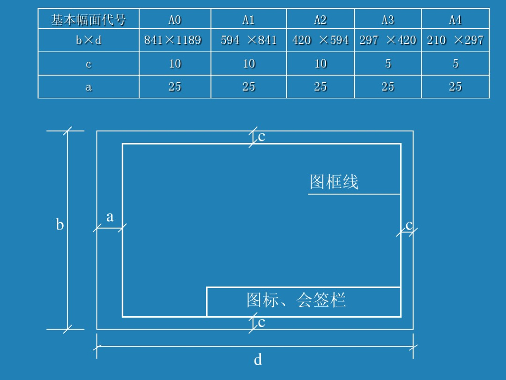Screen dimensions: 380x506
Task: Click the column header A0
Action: pos(175,20)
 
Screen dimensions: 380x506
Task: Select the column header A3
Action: pos(388,20)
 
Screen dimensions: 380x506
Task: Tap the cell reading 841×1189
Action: pos(173,40)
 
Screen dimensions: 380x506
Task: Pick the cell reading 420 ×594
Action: pos(320,40)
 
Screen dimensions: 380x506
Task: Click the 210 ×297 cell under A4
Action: pos(455,40)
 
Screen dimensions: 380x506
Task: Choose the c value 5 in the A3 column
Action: pos(388,63)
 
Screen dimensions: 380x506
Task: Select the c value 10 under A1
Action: pos(249,63)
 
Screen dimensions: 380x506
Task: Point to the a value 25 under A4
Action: pos(455,87)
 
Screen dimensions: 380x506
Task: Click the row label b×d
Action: pos(89,40)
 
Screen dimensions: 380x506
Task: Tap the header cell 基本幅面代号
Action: pos(88,20)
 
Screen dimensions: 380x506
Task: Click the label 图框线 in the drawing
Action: pos(334,182)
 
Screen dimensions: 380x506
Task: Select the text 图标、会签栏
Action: pos(296,300)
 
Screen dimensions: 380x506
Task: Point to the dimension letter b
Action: pos(60,225)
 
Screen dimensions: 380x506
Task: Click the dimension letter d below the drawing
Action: pos(258,360)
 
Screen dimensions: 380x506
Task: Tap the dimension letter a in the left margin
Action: pos(110,217)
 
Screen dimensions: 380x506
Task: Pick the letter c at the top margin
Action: pos(262,137)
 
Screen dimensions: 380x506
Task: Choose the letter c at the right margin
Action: pos(409,225)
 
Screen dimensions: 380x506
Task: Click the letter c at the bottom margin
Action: pos(262,323)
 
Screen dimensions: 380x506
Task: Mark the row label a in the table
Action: pos(89,87)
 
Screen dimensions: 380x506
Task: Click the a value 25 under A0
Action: pos(175,87)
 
